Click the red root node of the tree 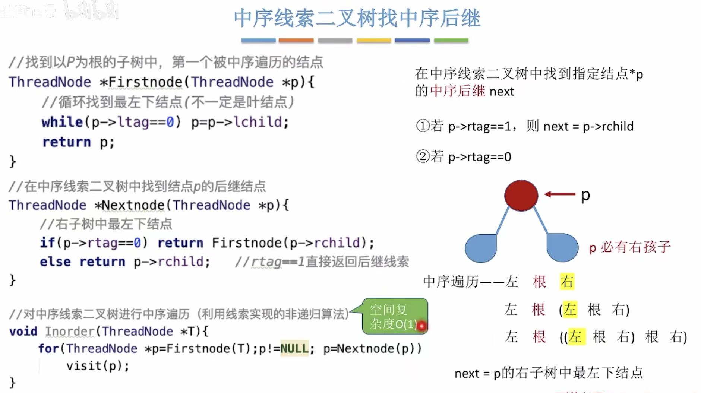tap(521, 196)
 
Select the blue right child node tap(562, 248)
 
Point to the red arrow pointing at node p tap(560, 194)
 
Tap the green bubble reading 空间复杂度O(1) tap(394, 317)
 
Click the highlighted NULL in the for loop tap(294, 349)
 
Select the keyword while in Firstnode tap(62, 122)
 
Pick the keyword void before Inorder tap(23, 331)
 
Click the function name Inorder tap(70, 331)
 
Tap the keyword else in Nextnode tap(55, 262)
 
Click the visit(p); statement tap(98, 366)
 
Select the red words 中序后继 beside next tap(457, 91)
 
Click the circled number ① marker tap(423, 126)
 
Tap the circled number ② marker tap(423, 157)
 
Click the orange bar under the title tap(296, 40)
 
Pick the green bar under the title tap(451, 40)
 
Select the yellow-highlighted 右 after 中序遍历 tap(567, 282)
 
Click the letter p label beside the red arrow tap(585, 195)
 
